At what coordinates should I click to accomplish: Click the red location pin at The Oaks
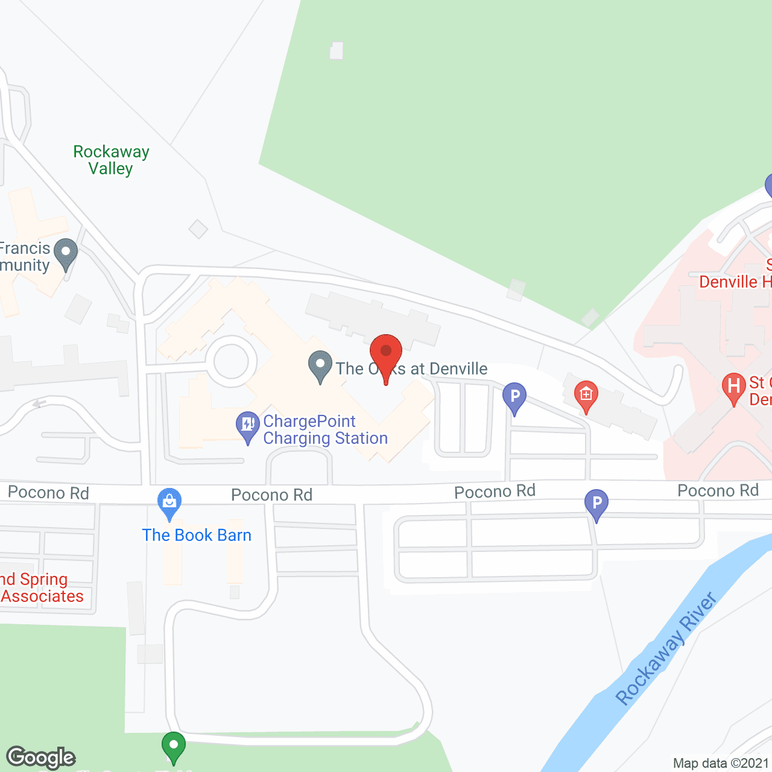pos(386,353)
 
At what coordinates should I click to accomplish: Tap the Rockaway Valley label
pos(111,160)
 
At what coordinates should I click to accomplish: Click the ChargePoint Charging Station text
pos(325,429)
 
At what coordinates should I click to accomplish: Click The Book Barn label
pos(197,536)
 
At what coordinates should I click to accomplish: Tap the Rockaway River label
pos(666,649)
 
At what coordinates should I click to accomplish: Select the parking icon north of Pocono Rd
pos(514,397)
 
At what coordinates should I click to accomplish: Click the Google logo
pos(41,758)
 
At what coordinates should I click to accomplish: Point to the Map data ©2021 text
pos(721,764)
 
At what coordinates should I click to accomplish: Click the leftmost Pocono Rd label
pos(48,493)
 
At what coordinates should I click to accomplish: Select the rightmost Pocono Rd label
pos(718,491)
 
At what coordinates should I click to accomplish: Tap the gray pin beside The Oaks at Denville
pos(320,365)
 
